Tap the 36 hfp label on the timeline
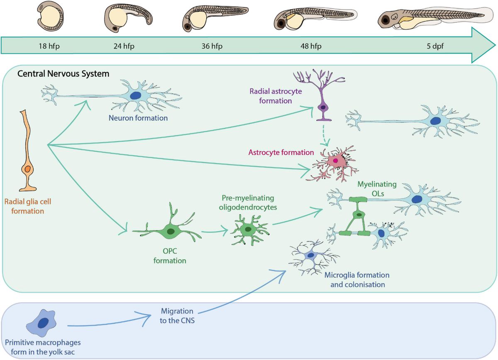pyautogui.click(x=212, y=46)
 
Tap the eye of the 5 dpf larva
pyautogui.click(x=386, y=19)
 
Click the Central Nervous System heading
pyautogui.click(x=63, y=74)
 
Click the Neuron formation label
pyautogui.click(x=138, y=118)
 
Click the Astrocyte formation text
pyautogui.click(x=281, y=152)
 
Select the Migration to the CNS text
pyautogui.click(x=177, y=315)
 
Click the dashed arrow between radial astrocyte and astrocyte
pyautogui.click(x=326, y=134)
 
